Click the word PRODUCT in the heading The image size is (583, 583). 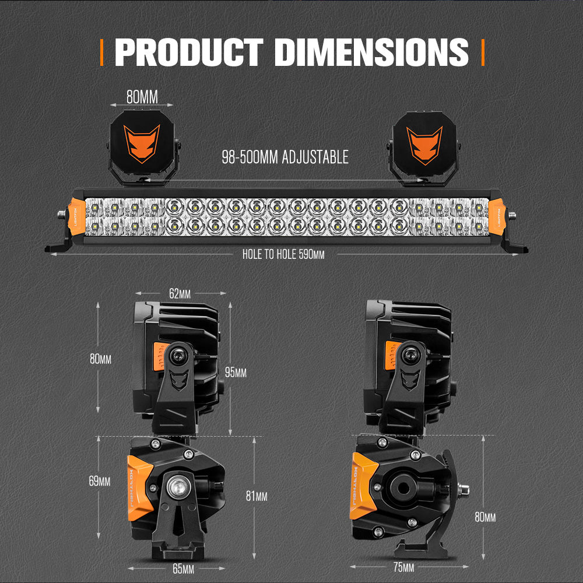pyautogui.click(x=189, y=52)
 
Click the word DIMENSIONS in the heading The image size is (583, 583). pyautogui.click(x=371, y=52)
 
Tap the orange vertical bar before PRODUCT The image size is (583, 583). pyautogui.click(x=103, y=52)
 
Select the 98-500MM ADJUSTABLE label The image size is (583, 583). pyautogui.click(x=285, y=157)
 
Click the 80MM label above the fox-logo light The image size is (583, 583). pyautogui.click(x=142, y=97)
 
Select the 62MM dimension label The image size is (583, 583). pyautogui.click(x=180, y=294)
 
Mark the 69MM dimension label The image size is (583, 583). pyautogui.click(x=100, y=482)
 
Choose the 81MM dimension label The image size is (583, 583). pyautogui.click(x=257, y=496)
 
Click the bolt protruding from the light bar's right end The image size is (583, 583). pyautogui.click(x=511, y=215)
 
